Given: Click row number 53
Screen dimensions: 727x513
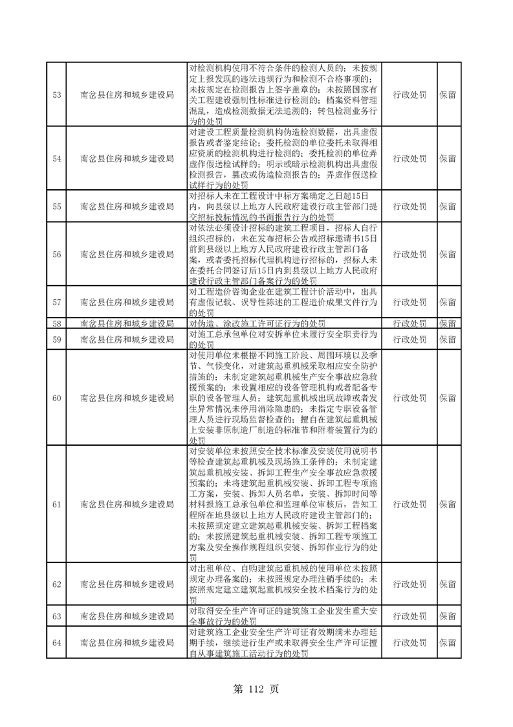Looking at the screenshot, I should pyautogui.click(x=56, y=95).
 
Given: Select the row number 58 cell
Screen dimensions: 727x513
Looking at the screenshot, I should pyautogui.click(x=56, y=323).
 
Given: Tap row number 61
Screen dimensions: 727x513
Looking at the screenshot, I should pyautogui.click(x=56, y=503).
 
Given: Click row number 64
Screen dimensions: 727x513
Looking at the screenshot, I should pyautogui.click(x=56, y=643).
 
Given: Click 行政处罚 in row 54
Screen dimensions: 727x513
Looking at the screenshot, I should pyautogui.click(x=409, y=158).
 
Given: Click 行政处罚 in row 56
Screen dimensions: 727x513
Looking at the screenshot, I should pyautogui.click(x=409, y=255).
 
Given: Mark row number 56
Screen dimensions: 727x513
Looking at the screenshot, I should pyautogui.click(x=56, y=255).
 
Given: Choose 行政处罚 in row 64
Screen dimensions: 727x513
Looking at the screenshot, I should pyautogui.click(x=409, y=643).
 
